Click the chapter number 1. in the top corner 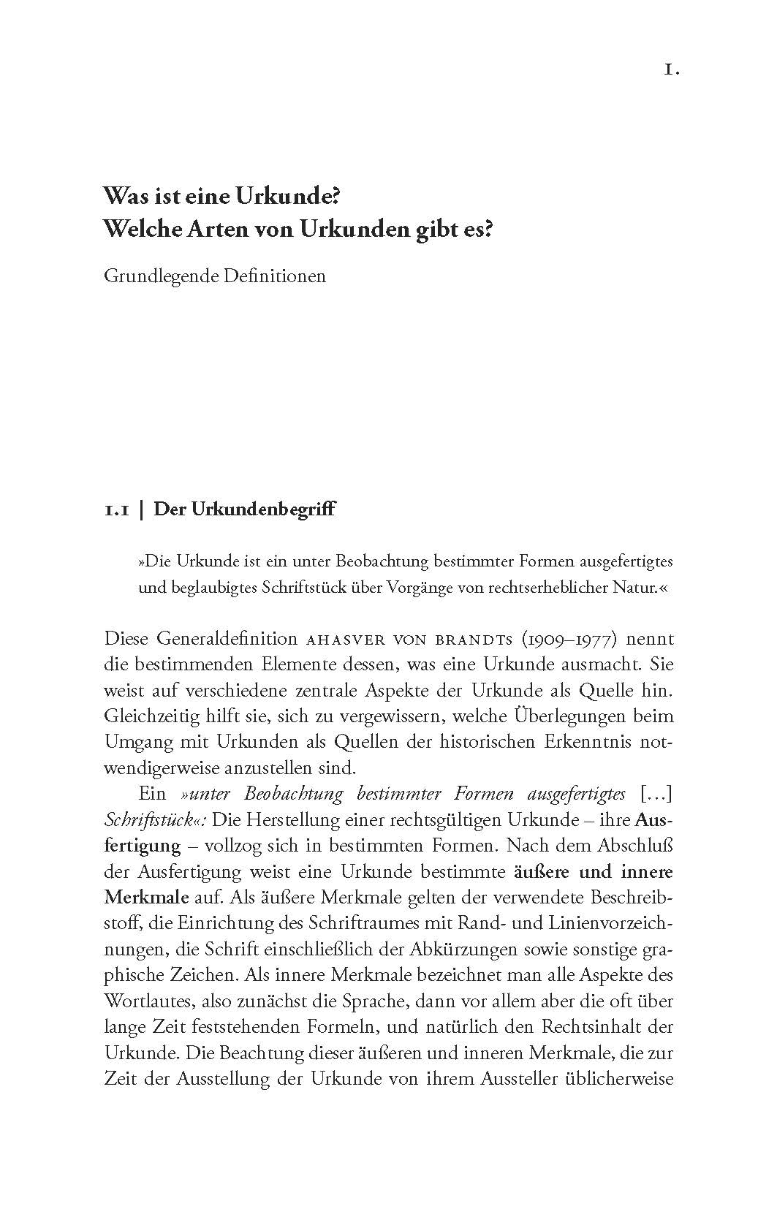point(672,70)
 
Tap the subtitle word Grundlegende point(156,277)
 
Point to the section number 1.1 point(117,509)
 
